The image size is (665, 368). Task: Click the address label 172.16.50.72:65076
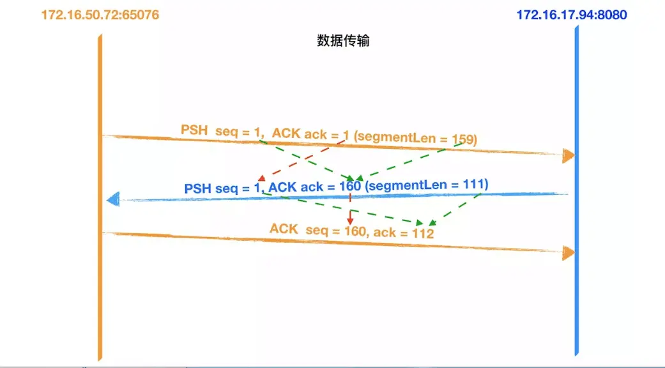pos(100,15)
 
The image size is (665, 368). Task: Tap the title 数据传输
pos(343,42)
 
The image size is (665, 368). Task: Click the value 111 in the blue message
pos(474,184)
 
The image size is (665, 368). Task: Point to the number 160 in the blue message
pos(349,187)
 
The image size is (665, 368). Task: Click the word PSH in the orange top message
pos(194,130)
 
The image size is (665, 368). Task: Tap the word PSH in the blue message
pos(198,189)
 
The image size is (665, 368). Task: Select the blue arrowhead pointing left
pos(112,199)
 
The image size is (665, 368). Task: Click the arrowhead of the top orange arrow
pos(568,155)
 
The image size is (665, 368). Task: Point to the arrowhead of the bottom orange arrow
pos(568,253)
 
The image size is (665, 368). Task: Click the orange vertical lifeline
pos(100,287)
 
